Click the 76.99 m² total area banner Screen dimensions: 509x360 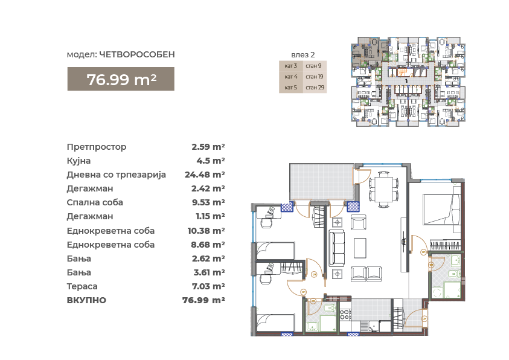[121, 79]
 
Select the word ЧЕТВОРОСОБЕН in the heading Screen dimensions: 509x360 [137, 54]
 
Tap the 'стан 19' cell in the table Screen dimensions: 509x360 [315, 77]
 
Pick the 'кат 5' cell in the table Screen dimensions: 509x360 [291, 88]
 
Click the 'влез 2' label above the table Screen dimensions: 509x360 [303, 55]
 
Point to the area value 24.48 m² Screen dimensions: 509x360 [205, 175]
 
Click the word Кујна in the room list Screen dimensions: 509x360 [78, 161]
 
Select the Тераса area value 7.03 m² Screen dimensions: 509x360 [209, 286]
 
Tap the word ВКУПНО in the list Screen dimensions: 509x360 [86, 300]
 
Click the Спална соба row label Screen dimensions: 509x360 [95, 202]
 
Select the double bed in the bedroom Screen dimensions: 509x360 [441, 209]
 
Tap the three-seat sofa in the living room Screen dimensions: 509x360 [337, 248]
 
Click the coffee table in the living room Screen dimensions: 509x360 [360, 248]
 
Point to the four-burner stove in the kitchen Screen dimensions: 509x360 [345, 314]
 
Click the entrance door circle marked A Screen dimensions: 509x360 [424, 319]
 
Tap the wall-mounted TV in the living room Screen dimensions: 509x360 [404, 240]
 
